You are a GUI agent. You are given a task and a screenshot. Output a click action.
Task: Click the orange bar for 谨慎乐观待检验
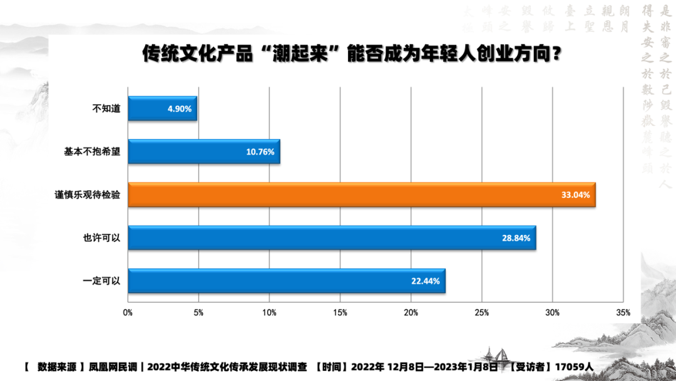coord(361,195)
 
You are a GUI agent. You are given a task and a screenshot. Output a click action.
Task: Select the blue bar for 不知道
coord(162,108)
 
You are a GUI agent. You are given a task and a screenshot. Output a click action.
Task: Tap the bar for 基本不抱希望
coord(203,152)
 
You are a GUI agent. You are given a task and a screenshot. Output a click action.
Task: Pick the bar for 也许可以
coord(332,238)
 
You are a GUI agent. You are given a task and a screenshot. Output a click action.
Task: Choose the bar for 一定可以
coord(286,281)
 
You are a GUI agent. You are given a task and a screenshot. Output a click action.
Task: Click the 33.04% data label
coord(575,195)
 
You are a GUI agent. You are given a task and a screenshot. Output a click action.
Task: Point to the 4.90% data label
coord(180,109)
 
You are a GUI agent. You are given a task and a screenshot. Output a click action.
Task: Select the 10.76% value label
coord(260,152)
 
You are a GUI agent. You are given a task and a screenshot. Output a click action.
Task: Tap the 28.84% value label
coord(516,238)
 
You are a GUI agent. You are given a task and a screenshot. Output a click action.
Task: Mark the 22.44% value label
coord(426,281)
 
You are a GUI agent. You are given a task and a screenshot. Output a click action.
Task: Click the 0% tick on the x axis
coord(128,312)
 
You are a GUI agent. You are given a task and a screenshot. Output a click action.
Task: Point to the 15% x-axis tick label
coord(340,312)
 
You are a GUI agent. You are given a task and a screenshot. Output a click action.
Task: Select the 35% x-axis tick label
coord(623,312)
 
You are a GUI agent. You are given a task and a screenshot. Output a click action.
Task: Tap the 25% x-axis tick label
coord(481,312)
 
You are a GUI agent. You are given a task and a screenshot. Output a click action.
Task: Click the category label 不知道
coord(106,109)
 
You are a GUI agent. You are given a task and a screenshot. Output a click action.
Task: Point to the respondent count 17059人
coord(576,367)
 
